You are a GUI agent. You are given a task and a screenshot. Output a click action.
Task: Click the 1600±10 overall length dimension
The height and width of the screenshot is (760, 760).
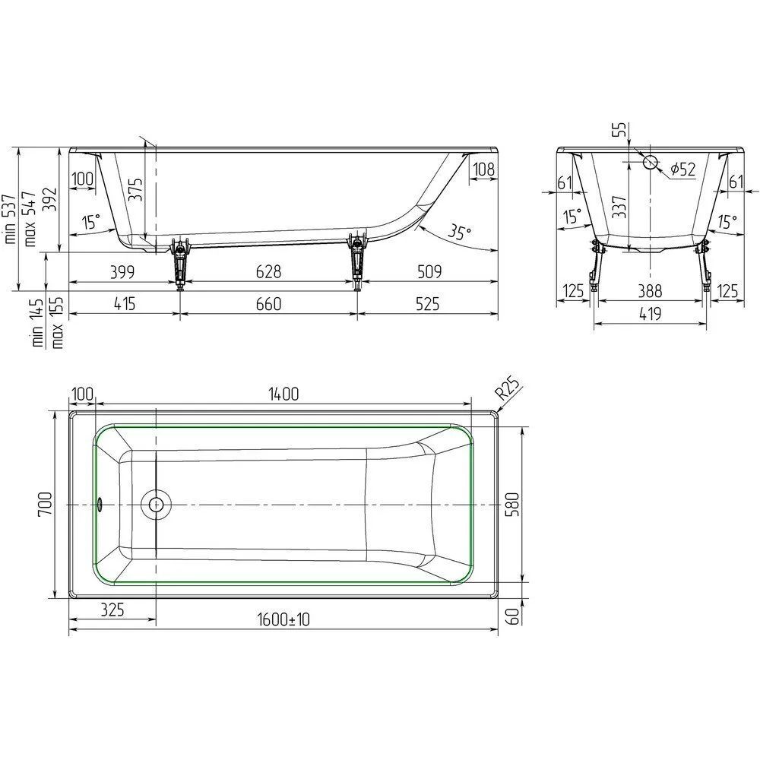283,619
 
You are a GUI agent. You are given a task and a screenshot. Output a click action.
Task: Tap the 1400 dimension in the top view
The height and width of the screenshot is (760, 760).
283,394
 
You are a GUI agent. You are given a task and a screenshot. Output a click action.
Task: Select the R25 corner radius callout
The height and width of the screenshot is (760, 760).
508,388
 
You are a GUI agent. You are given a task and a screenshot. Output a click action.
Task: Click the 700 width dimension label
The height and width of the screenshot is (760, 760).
45,504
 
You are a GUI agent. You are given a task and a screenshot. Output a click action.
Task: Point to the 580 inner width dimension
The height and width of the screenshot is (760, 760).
511,504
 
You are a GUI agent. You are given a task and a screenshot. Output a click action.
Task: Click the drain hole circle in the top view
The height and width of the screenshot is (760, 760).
156,505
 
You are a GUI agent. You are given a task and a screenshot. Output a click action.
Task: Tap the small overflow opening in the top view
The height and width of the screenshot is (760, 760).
100,505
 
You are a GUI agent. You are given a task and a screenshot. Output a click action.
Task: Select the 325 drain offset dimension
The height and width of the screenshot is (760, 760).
112,610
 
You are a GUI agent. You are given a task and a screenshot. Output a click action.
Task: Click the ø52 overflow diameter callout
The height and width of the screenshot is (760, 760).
683,169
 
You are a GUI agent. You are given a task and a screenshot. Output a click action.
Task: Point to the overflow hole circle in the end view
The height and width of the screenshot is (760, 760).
651,163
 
